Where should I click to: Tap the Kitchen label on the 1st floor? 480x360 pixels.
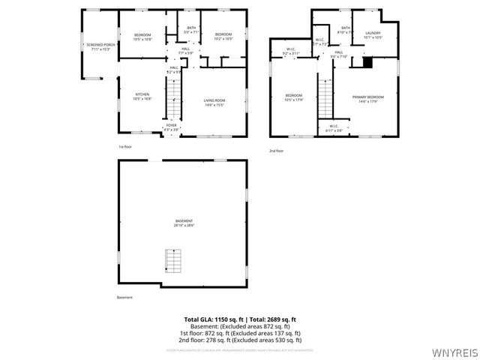coord(142,97)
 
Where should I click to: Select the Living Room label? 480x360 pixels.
coord(214,102)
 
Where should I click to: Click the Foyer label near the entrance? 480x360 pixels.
coord(172,127)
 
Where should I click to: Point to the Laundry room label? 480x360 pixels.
coord(373,35)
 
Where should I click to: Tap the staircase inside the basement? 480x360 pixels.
coord(173,261)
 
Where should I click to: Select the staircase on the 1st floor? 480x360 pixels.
coord(173,98)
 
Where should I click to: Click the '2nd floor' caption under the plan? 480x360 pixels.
coord(277,151)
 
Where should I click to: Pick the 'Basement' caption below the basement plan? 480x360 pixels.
coord(124,298)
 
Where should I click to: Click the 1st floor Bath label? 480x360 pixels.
coord(191,30)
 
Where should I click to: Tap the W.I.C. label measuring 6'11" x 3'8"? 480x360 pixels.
coord(333,128)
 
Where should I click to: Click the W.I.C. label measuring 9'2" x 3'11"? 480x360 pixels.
coord(290,52)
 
